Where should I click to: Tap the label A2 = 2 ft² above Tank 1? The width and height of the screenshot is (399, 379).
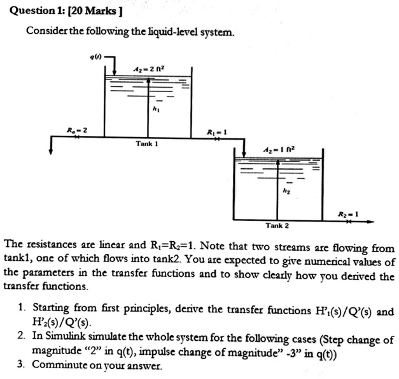[145, 70]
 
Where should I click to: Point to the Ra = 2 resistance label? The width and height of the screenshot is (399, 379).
[78, 130]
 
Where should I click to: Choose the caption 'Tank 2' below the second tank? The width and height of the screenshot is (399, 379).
[277, 226]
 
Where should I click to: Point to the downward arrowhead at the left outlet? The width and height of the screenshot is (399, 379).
[50, 152]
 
